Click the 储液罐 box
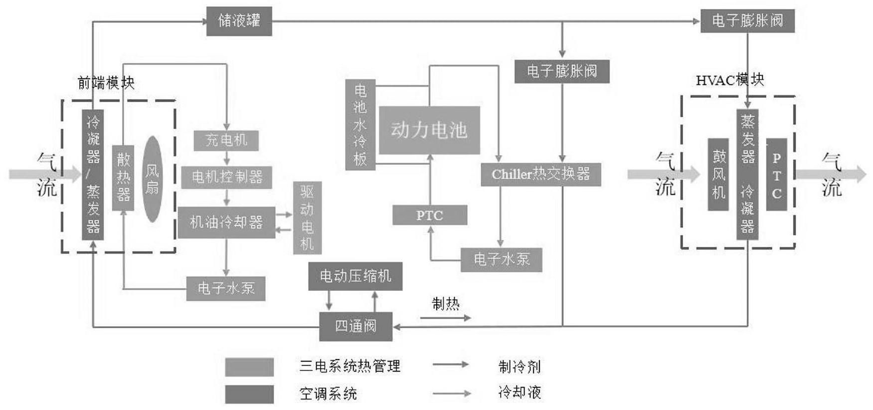(x=239, y=21)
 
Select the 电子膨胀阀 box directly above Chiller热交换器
(x=561, y=71)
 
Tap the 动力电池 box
(x=429, y=130)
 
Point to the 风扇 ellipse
(x=152, y=179)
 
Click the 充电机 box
(x=226, y=140)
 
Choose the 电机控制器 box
(x=226, y=177)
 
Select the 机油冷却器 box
(x=226, y=222)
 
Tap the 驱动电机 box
(x=307, y=218)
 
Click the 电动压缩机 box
(x=355, y=276)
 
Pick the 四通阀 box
(x=355, y=326)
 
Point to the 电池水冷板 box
(x=360, y=125)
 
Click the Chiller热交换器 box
(x=540, y=175)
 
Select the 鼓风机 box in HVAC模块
(x=718, y=175)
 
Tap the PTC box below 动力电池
(x=429, y=215)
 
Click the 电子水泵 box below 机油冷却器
(x=225, y=288)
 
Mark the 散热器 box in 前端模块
(x=123, y=178)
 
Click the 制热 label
(x=445, y=304)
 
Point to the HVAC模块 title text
(x=729, y=80)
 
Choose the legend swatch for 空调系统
(x=249, y=394)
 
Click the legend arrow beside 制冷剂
(x=451, y=365)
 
